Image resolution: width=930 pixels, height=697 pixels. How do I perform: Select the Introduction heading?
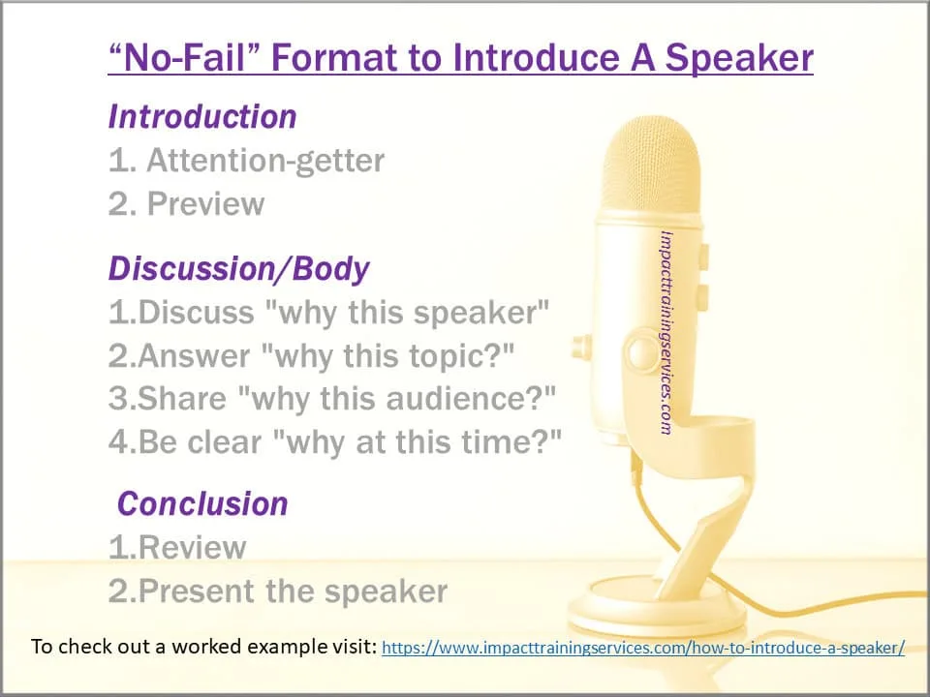(x=202, y=117)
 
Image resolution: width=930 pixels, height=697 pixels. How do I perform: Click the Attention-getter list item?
(x=246, y=161)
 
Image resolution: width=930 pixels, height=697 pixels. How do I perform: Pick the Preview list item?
(x=186, y=204)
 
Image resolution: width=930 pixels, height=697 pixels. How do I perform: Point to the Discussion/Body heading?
(x=238, y=269)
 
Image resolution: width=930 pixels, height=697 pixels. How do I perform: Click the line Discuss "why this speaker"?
(x=329, y=313)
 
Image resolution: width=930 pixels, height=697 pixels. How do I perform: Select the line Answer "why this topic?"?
(x=311, y=356)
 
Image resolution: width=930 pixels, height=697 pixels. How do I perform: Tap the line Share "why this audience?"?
(x=333, y=400)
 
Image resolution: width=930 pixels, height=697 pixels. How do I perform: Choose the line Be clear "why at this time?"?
(x=335, y=442)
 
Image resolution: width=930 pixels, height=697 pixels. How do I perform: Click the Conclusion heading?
(x=202, y=504)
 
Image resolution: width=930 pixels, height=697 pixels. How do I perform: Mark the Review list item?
(x=177, y=548)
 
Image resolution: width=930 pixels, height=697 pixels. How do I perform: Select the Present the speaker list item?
(x=278, y=591)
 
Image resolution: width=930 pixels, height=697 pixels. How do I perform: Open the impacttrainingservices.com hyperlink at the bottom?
(x=643, y=648)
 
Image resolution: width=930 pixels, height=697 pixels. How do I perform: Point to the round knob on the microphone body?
(x=639, y=349)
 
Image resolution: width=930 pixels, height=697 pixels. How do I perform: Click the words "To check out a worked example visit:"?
(x=203, y=647)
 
